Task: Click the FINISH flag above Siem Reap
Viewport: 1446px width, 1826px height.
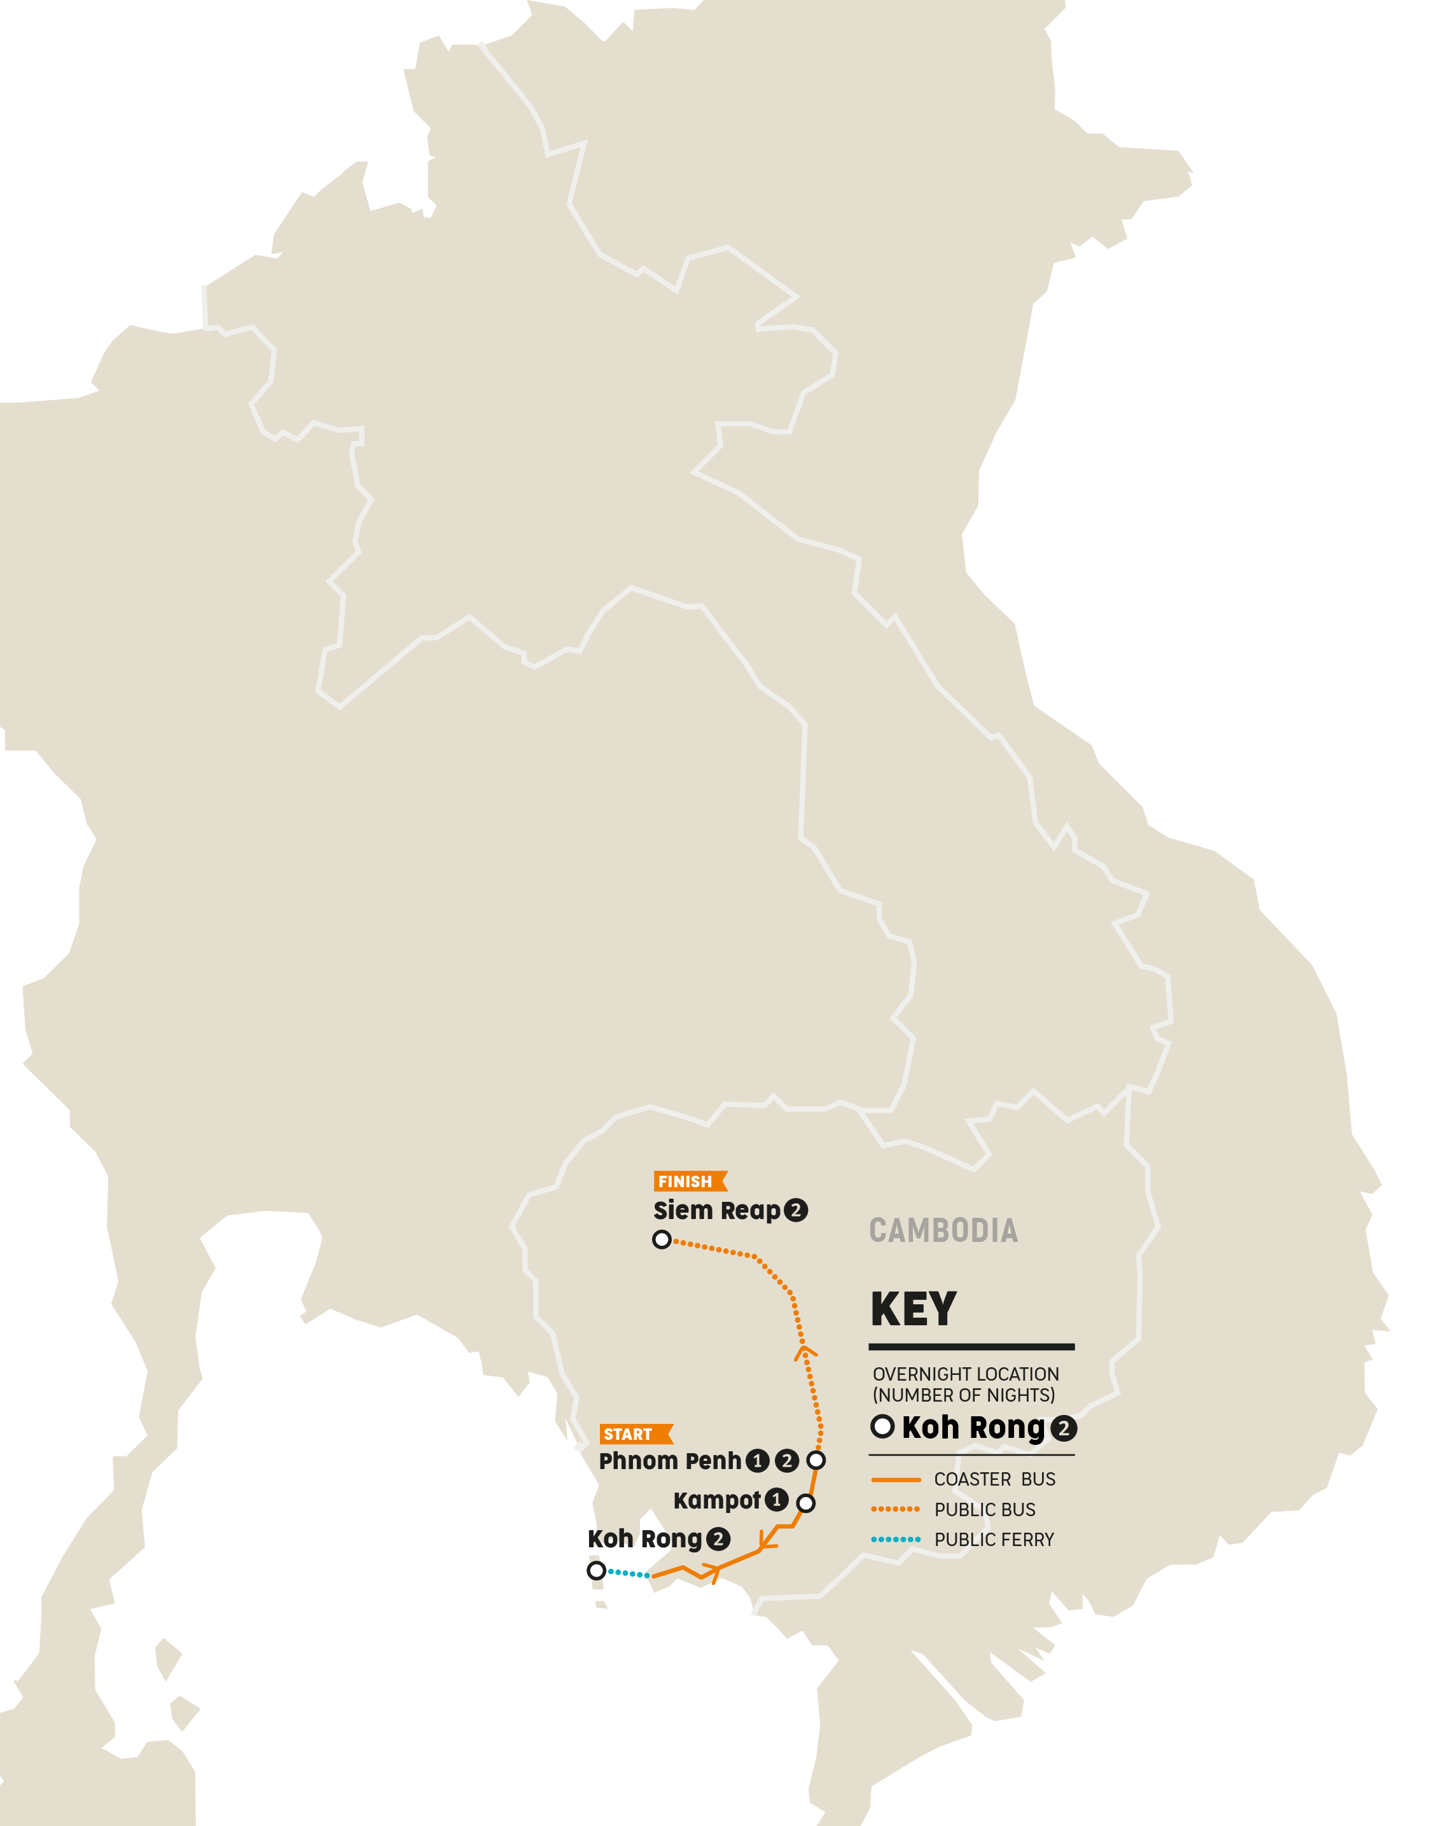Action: point(689,1181)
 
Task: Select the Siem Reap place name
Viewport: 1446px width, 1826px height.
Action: point(716,1211)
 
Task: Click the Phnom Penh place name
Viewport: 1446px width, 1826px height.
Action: point(670,1460)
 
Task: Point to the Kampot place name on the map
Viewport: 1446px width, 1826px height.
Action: point(716,1500)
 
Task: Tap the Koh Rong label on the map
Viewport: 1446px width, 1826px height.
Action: point(644,1538)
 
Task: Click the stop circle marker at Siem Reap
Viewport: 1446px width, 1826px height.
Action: point(662,1239)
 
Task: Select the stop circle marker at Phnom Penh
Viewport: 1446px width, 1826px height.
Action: point(816,1460)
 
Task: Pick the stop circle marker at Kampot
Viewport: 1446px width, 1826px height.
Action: point(806,1503)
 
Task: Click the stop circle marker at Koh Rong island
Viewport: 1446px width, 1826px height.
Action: point(596,1570)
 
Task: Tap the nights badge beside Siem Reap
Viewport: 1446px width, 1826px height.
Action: point(796,1209)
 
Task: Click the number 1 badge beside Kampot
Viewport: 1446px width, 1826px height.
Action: point(776,1499)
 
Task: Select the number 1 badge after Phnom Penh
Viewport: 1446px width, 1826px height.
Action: point(758,1460)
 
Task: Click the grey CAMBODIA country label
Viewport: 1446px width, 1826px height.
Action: point(943,1230)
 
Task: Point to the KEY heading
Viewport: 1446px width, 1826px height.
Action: point(914,1309)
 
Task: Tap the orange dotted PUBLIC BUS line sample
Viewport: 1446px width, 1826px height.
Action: point(895,1509)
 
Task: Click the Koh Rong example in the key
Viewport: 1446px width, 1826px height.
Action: point(973,1427)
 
